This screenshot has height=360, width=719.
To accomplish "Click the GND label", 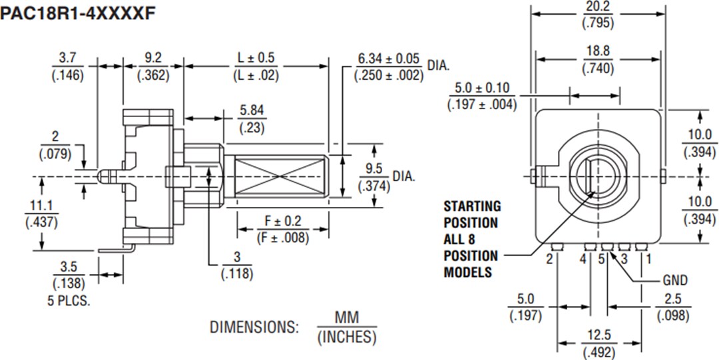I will click(x=674, y=280).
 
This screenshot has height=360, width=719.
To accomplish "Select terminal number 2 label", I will click(x=549, y=259).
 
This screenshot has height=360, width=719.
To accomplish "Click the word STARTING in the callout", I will click(x=472, y=206).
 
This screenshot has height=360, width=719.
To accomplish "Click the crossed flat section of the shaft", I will click(x=276, y=177).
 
